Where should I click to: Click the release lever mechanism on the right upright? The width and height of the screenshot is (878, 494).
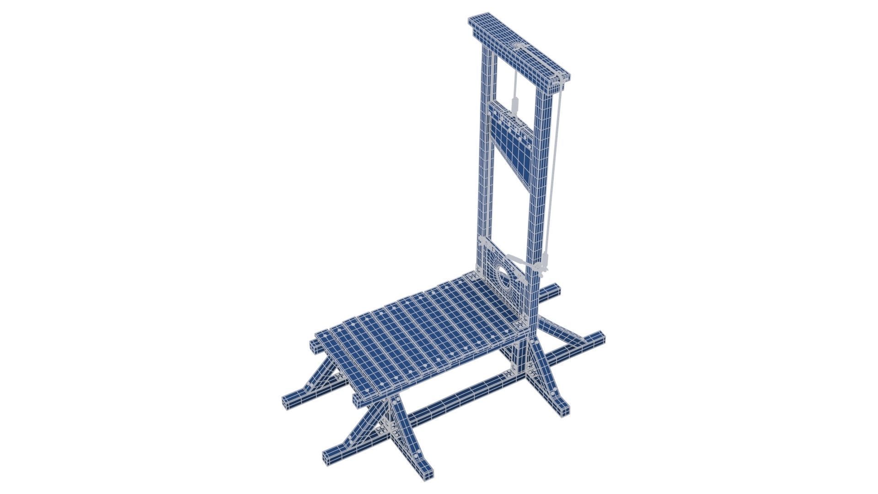coord(530,265)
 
